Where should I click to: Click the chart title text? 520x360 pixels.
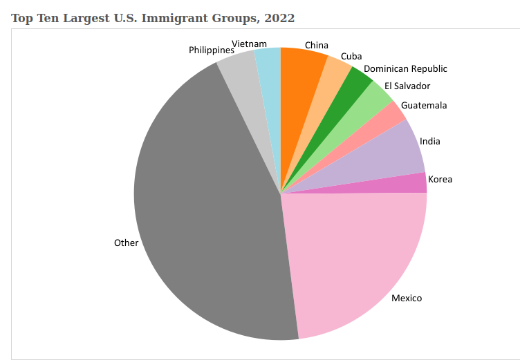pos(153,18)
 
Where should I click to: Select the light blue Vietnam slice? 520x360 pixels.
pos(269,76)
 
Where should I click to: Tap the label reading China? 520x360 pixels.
pos(317,46)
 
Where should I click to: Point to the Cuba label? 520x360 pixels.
pos(352,57)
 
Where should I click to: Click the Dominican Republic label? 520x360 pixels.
pos(405,69)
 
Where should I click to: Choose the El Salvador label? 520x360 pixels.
pos(407,86)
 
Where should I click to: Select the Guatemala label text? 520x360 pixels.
pos(424,106)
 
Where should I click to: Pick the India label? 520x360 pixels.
pos(430,142)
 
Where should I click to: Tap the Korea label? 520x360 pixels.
pos(440,180)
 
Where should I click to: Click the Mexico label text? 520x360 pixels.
pos(407,299)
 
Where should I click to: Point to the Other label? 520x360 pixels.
pos(127,243)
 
